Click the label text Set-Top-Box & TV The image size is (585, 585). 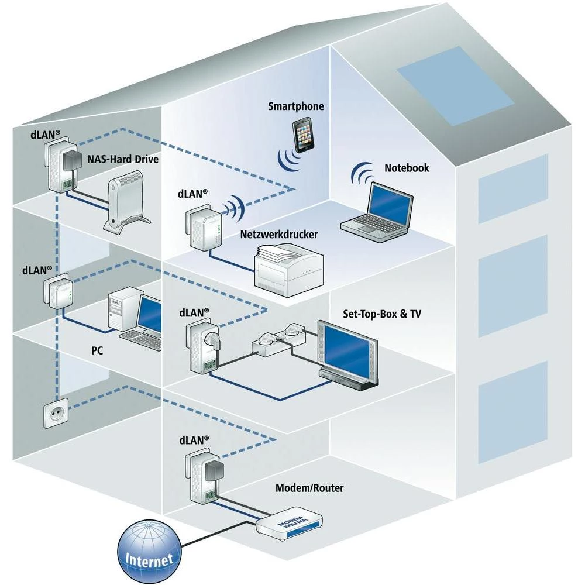[x=381, y=314]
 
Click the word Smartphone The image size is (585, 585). [x=295, y=106]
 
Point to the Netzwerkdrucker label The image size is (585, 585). [x=279, y=235]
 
